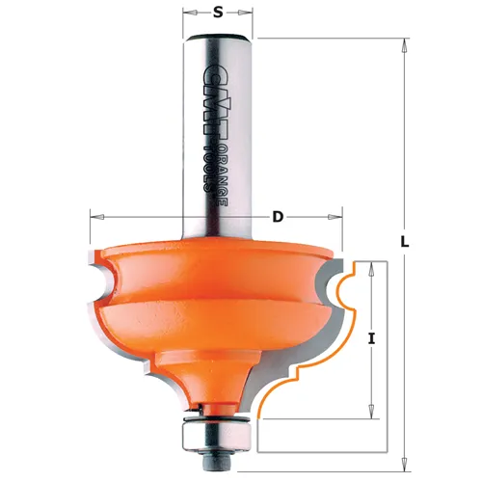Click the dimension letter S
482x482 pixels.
click(x=218, y=13)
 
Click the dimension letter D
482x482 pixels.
click(x=278, y=217)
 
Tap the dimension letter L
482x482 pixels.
click(x=405, y=242)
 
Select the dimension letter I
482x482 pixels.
click(x=372, y=339)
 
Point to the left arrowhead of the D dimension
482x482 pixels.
click(x=97, y=217)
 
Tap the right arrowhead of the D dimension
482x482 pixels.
click(x=335, y=217)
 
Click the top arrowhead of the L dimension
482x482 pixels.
click(x=405, y=45)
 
